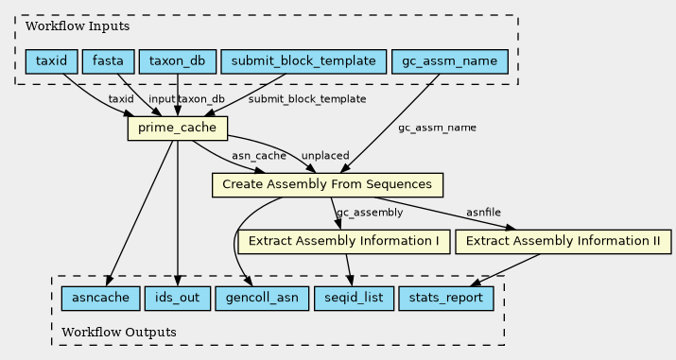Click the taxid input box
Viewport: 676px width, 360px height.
(51, 61)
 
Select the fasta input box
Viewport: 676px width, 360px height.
(108, 61)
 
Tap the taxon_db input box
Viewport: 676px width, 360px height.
(178, 61)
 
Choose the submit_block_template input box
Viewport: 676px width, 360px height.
(303, 61)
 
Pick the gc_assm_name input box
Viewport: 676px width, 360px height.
(450, 61)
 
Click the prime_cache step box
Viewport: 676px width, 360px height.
(178, 128)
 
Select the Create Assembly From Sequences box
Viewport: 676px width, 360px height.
(327, 185)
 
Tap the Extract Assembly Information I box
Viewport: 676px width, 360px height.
(344, 242)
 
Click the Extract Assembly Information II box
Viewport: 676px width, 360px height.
(563, 242)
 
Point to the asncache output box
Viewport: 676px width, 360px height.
(101, 299)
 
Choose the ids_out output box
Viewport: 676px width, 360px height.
(178, 299)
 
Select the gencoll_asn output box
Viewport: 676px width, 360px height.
(262, 299)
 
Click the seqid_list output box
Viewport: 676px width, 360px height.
(354, 299)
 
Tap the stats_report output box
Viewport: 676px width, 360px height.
(446, 299)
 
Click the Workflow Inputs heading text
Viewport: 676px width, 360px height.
(78, 26)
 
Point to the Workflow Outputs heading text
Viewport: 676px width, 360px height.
(119, 333)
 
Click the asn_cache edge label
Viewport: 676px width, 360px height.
(259, 156)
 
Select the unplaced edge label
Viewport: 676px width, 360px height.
(325, 156)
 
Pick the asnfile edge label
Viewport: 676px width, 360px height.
(483, 213)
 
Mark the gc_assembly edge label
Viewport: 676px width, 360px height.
(370, 213)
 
